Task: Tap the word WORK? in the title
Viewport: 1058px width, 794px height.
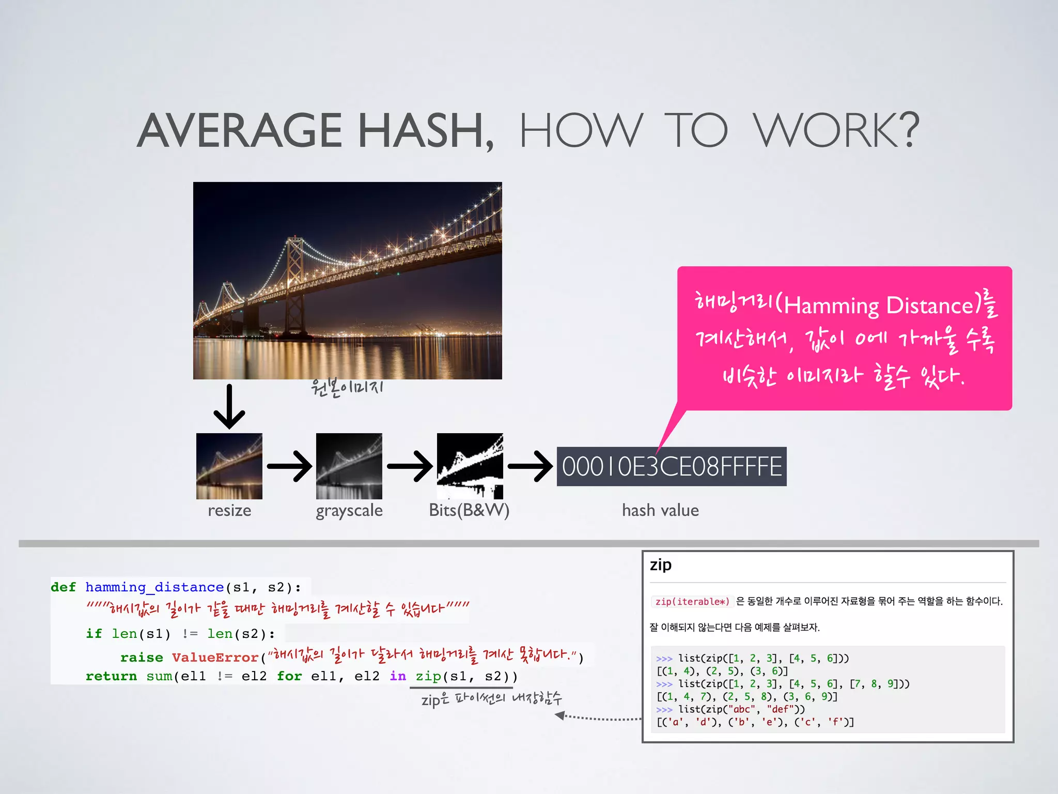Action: (836, 130)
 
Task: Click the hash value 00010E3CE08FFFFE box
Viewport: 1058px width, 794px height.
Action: (671, 466)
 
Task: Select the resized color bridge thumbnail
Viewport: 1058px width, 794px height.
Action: (229, 466)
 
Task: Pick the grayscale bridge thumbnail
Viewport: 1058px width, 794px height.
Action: (349, 466)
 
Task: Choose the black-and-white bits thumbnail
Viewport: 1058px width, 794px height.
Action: (470, 466)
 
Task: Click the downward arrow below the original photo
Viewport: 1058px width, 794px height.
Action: (229, 407)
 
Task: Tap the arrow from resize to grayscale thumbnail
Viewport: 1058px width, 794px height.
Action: (289, 466)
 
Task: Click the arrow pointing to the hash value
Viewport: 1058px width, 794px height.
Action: (530, 466)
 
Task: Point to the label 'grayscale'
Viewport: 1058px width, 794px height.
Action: (349, 511)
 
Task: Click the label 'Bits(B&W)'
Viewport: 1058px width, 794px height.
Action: (469, 511)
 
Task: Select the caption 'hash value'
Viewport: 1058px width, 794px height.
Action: (660, 511)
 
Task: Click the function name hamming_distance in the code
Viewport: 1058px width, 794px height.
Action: (154, 587)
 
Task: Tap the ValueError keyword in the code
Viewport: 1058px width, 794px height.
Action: (215, 658)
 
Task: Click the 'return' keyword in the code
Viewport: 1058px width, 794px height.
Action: (111, 676)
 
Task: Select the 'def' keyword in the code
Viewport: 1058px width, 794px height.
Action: (63, 587)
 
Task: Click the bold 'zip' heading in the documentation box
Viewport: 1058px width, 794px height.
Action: (661, 564)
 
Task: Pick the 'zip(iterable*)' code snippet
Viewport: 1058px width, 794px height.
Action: (692, 601)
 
